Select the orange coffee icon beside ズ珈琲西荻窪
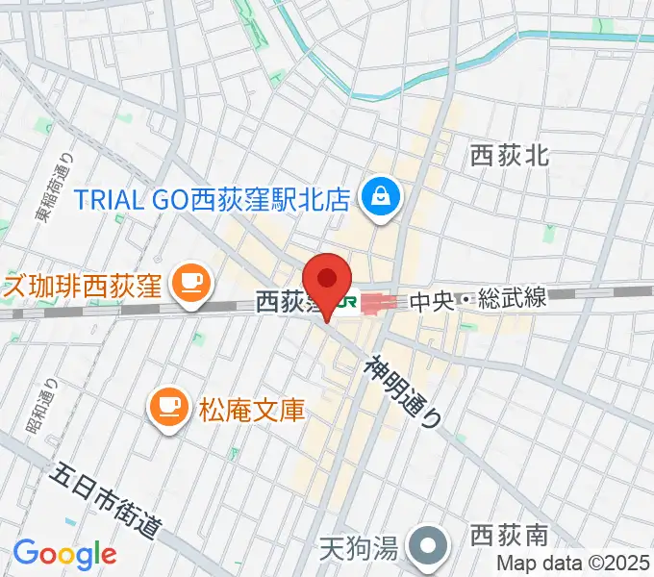[x=189, y=282]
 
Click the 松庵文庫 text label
[x=252, y=411]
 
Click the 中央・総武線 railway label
[x=478, y=300]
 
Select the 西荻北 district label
[x=510, y=155]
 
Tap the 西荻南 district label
[x=510, y=534]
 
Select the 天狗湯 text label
[x=358, y=551]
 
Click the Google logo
[x=64, y=553]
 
